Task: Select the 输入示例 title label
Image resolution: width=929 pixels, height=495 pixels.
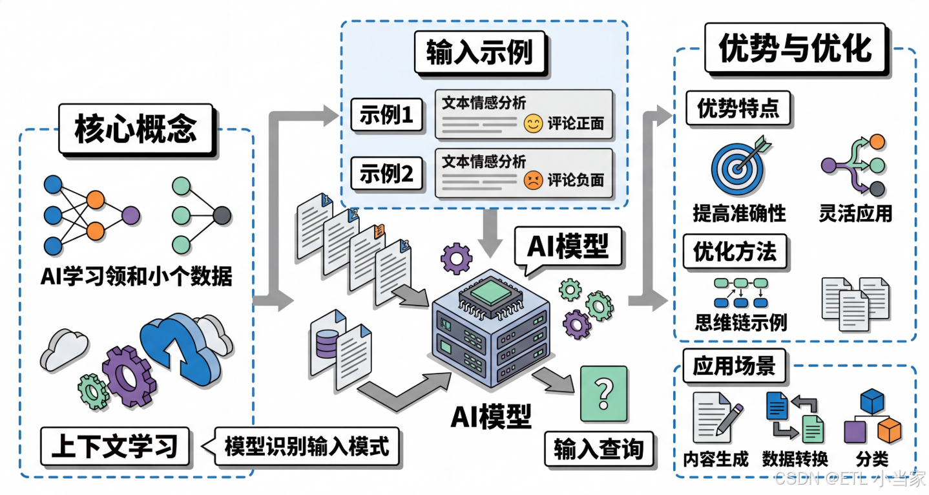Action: point(479,52)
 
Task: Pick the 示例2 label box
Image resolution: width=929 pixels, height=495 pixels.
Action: point(386,175)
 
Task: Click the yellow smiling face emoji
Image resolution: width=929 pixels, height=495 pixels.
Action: point(533,123)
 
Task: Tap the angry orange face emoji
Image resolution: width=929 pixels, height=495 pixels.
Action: point(533,180)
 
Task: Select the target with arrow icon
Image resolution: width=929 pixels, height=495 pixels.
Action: point(738,166)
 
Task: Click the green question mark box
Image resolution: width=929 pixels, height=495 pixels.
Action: point(603,394)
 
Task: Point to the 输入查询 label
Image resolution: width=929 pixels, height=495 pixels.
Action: point(598,450)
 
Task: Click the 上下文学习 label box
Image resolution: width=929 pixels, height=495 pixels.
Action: point(115,447)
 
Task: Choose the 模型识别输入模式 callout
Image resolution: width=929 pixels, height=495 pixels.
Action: point(307,447)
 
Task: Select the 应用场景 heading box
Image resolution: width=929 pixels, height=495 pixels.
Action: point(733,366)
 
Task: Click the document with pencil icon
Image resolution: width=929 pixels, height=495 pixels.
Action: point(715,417)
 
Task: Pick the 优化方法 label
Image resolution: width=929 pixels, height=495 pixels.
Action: point(735,251)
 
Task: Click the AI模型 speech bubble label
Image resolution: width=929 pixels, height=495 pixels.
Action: point(568,246)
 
